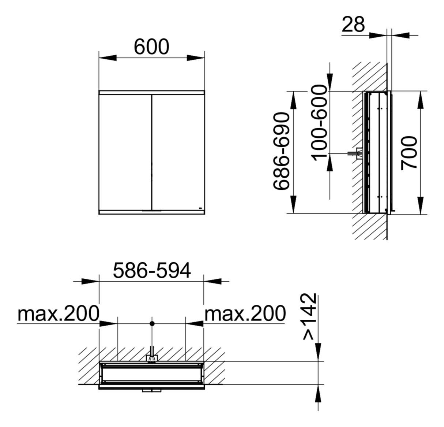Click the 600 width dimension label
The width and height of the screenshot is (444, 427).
point(151,47)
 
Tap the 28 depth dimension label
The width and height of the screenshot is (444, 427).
point(353,25)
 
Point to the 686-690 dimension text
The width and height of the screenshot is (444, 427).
point(282,151)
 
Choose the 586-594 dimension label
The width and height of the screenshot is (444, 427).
point(151,271)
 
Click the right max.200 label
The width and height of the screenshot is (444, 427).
point(245,314)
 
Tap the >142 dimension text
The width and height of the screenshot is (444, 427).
point(309,317)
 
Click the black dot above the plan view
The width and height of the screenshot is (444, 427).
point(152,323)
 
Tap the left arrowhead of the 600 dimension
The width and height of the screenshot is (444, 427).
point(108,58)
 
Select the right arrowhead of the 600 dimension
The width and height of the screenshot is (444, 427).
point(196,58)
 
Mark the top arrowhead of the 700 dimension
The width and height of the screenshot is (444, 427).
point(421,99)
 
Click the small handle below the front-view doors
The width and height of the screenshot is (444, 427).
point(151,211)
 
